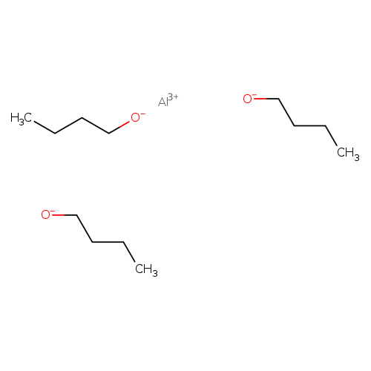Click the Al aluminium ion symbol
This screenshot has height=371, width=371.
163,102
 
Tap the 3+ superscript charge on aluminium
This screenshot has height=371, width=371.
173,96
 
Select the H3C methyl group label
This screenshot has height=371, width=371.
21,119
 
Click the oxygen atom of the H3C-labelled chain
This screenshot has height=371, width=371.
135,118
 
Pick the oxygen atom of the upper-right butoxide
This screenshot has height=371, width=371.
247,99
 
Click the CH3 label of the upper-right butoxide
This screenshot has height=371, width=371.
348,153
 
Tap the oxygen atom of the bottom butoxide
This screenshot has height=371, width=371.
46,215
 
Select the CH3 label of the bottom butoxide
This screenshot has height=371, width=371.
146,269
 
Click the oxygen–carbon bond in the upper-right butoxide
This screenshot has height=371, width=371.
266,99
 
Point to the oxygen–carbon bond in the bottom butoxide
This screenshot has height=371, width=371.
64,215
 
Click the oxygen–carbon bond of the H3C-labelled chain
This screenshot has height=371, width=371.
119,128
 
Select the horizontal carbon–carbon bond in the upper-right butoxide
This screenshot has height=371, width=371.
309,126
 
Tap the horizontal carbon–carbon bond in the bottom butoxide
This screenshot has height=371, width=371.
108,242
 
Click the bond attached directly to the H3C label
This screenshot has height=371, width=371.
45,128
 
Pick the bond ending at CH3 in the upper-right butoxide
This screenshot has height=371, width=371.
331,136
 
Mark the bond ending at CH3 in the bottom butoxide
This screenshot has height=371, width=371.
129,252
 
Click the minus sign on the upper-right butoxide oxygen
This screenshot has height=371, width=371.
255,95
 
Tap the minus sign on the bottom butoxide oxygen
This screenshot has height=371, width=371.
53,211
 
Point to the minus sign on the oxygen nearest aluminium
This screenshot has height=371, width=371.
142,114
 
